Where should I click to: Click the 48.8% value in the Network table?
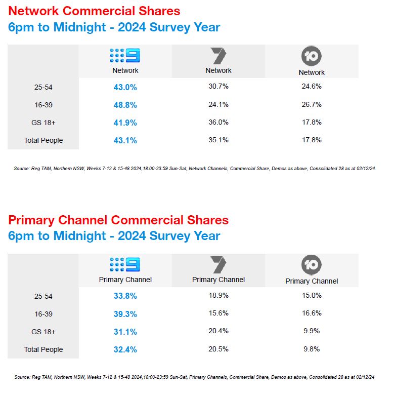(125, 105)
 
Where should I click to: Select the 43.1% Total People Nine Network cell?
(125, 140)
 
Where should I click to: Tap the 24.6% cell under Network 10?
(312, 87)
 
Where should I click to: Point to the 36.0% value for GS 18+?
(219, 122)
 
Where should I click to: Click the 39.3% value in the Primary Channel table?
(125, 314)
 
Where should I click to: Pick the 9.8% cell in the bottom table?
(312, 349)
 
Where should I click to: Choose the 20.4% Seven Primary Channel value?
(219, 331)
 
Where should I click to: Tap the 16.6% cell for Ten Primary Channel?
(312, 313)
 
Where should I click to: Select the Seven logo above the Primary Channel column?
(219, 265)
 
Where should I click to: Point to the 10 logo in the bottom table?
(312, 265)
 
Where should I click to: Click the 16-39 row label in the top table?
(43, 105)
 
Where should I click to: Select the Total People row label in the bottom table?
(43, 349)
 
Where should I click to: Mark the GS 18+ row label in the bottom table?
(43, 332)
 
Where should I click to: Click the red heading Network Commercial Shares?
(94, 11)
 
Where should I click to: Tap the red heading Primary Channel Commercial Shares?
(118, 220)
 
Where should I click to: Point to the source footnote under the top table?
(194, 168)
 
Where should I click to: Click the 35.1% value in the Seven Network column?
(219, 140)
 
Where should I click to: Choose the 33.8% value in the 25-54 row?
(125, 296)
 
